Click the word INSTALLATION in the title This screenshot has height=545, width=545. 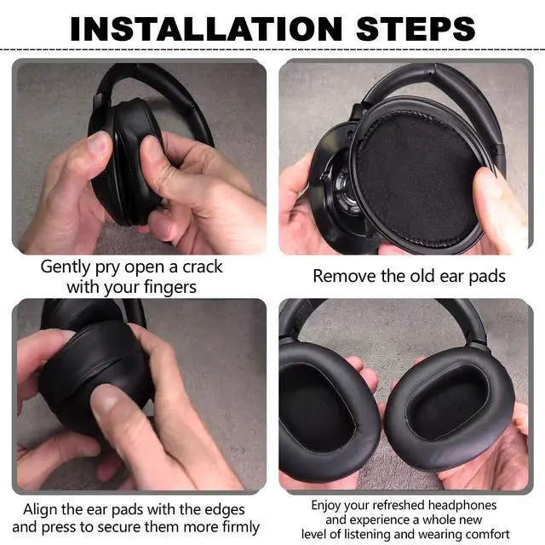[206, 28]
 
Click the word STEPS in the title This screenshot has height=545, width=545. [416, 28]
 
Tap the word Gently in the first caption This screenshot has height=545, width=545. [66, 267]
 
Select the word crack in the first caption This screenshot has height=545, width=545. [203, 267]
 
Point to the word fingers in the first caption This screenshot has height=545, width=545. [170, 288]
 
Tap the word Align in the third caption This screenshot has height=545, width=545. [40, 510]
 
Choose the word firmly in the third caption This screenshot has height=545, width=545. [238, 527]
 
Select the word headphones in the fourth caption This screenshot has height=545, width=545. [462, 505]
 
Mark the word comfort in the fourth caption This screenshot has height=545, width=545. [487, 534]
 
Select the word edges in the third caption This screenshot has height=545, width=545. [225, 511]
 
